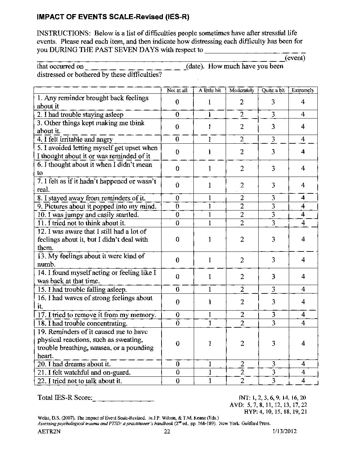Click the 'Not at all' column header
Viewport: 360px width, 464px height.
(177, 90)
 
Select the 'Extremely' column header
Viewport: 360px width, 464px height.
(303, 90)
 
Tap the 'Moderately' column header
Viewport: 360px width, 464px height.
(241, 90)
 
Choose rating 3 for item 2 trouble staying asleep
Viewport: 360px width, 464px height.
(273, 114)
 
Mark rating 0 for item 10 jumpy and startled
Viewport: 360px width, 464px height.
(177, 215)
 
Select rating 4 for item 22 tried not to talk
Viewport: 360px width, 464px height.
(303, 381)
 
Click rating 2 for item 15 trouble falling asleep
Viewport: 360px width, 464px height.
(242, 289)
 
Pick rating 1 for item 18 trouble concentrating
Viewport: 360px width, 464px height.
(210, 323)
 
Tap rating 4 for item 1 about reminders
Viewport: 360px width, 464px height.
(303, 102)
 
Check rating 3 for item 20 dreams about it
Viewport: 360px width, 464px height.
(273, 364)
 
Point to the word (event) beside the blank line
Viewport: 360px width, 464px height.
(295, 58)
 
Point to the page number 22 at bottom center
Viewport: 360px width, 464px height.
(167, 431)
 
